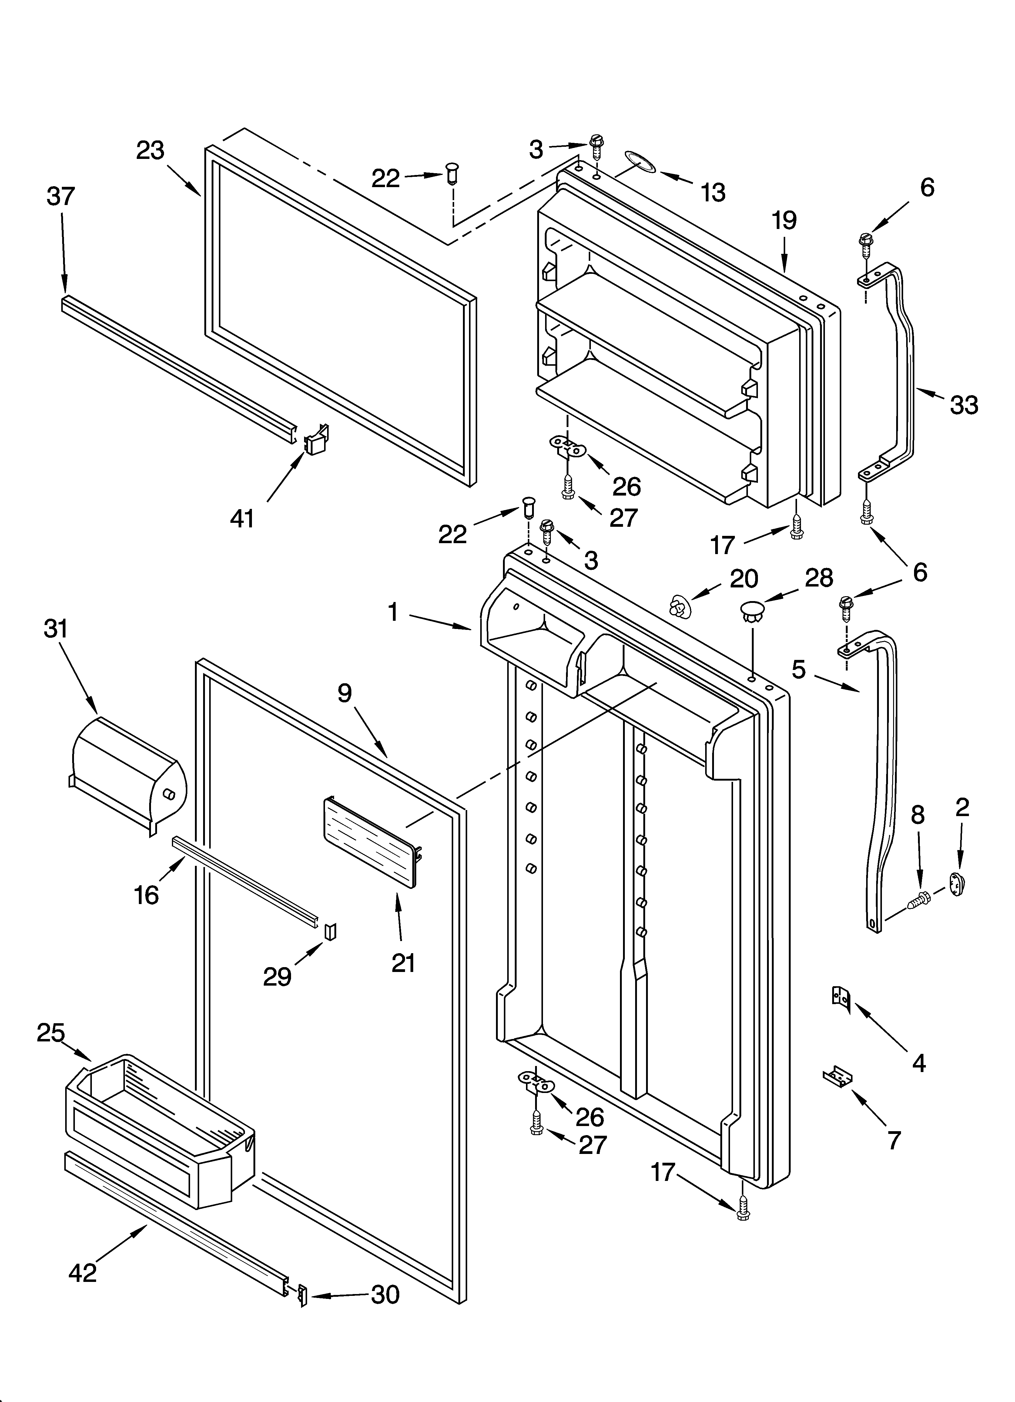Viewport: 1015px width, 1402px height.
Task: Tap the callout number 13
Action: tap(713, 193)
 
